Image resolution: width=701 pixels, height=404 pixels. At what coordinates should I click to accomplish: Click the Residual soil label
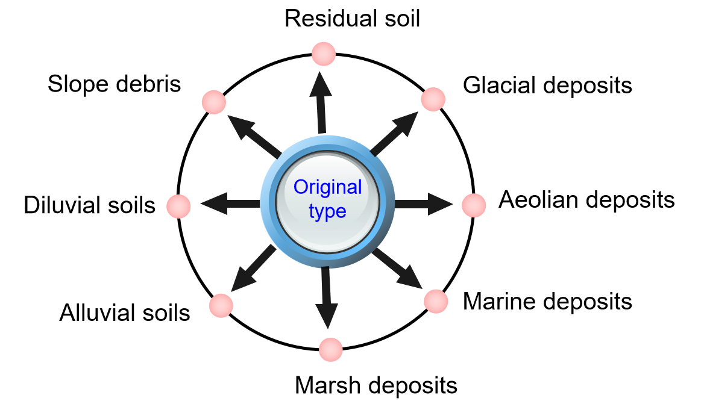pyautogui.click(x=352, y=18)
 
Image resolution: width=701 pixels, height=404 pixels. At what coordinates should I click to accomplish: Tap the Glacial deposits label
pyautogui.click(x=547, y=85)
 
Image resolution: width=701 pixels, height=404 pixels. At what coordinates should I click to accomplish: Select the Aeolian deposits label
pyautogui.click(x=586, y=199)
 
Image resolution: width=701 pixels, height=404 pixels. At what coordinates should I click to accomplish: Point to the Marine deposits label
pyautogui.click(x=547, y=300)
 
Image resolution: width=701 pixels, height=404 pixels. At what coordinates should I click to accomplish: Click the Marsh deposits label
pyautogui.click(x=376, y=384)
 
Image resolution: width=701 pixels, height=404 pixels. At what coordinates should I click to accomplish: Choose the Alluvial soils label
pyautogui.click(x=125, y=312)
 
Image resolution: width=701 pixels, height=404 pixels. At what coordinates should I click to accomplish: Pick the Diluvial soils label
pyautogui.click(x=90, y=205)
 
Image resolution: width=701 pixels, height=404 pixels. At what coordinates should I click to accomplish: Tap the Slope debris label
pyautogui.click(x=115, y=84)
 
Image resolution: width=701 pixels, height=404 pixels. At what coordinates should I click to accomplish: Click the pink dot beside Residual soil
pyautogui.click(x=324, y=54)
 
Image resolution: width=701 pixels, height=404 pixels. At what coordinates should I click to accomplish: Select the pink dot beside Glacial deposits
pyautogui.click(x=433, y=99)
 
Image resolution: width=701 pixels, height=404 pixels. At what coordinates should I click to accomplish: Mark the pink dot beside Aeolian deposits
pyautogui.click(x=474, y=205)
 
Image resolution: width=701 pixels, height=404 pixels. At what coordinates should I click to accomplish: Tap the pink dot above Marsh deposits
pyautogui.click(x=330, y=349)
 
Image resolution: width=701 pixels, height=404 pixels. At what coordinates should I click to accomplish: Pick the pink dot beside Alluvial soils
pyautogui.click(x=221, y=305)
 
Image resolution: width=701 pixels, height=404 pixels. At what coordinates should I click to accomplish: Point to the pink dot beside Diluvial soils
pyautogui.click(x=178, y=206)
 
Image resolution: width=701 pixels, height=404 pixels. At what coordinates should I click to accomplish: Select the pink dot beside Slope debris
pyautogui.click(x=214, y=102)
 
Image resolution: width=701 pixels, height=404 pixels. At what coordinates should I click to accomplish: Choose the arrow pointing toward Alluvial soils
pyautogui.click(x=251, y=269)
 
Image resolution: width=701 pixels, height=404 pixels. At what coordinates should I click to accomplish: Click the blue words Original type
pyautogui.click(x=328, y=199)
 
